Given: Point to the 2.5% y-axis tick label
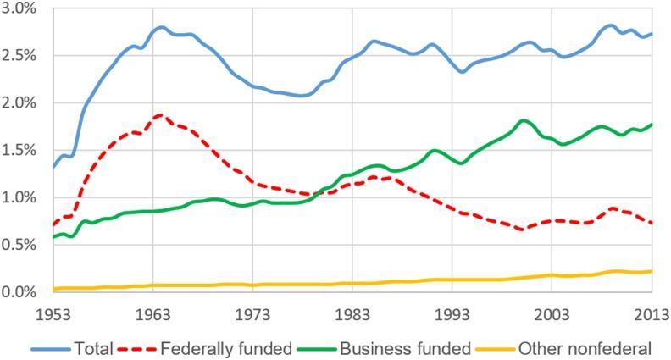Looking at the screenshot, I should pyautogui.click(x=23, y=56).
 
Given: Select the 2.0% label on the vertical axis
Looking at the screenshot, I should pyautogui.click(x=23, y=103).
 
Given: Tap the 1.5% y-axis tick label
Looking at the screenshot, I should pyautogui.click(x=23, y=150).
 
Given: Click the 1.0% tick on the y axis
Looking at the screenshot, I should pyautogui.click(x=23, y=197).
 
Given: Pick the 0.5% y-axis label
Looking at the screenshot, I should pyautogui.click(x=23, y=245).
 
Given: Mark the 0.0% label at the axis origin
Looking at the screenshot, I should pyautogui.click(x=23, y=291).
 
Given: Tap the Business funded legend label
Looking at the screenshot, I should pyautogui.click(x=403, y=346).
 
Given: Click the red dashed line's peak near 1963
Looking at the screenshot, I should pyautogui.click(x=159, y=114).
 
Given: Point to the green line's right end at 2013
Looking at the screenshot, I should pyautogui.click(x=652, y=125).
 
